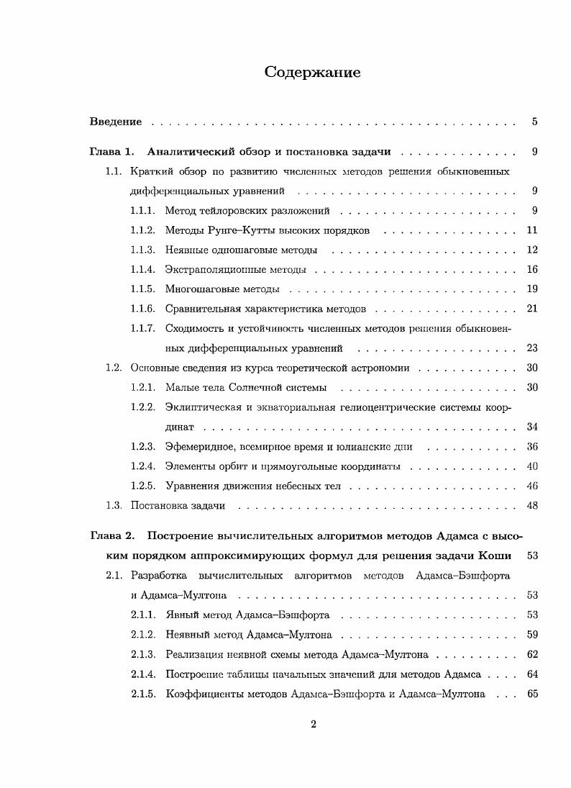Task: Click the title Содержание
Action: tap(312, 72)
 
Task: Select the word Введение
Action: tap(115, 122)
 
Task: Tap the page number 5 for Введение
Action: tap(535, 122)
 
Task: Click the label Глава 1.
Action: tap(112, 152)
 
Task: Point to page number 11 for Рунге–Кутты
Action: tap(532, 230)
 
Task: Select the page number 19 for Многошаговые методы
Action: tap(532, 289)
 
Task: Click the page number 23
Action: tap(532, 348)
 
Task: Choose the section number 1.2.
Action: tap(114, 368)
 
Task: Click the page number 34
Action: tap(532, 427)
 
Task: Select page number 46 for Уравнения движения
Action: tap(532, 486)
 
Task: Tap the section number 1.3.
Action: tap(114, 505)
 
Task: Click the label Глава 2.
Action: tap(112, 536)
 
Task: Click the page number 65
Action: tap(532, 694)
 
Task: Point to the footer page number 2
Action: tap(313, 724)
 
